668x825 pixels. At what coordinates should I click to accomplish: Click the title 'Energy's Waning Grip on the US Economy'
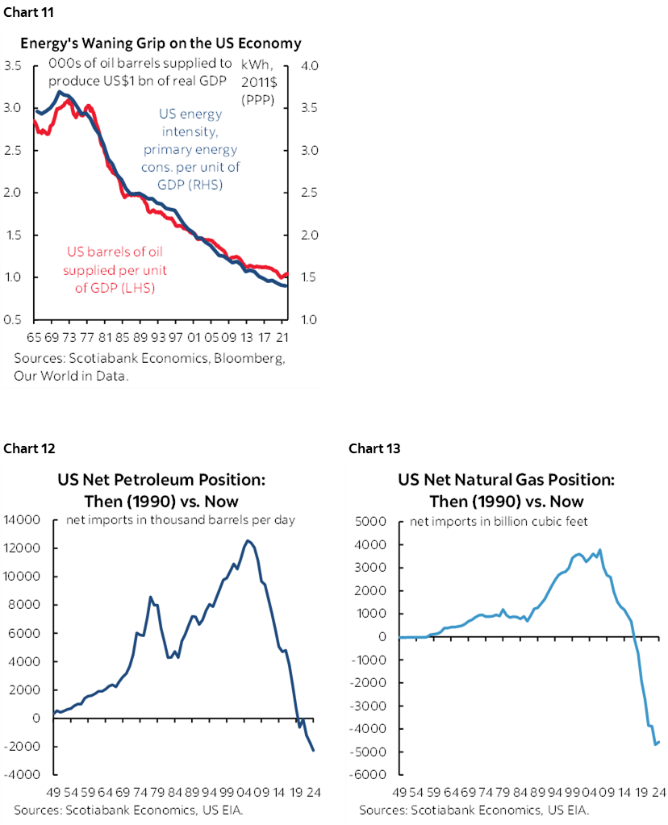[x=161, y=43]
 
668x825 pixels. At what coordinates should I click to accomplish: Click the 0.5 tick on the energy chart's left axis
[x=12, y=320]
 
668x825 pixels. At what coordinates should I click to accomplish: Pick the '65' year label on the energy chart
[x=33, y=337]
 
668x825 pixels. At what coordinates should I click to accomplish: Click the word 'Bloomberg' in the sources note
[x=251, y=358]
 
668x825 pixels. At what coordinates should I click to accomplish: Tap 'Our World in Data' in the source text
[x=70, y=376]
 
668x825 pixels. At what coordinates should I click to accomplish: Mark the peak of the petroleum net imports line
[x=248, y=540]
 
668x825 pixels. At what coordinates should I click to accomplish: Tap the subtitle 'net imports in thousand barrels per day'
[x=180, y=520]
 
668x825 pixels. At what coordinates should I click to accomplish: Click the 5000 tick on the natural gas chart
[x=371, y=522]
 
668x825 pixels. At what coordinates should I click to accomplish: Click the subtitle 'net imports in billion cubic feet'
[x=499, y=522]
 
